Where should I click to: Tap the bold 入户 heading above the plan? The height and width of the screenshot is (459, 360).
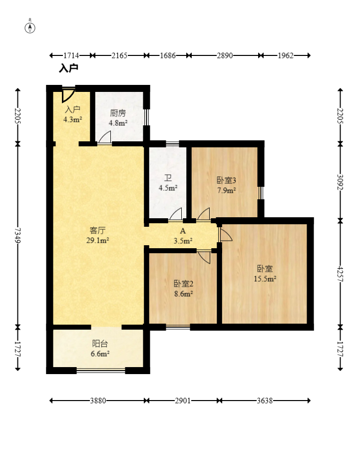click(x=69, y=68)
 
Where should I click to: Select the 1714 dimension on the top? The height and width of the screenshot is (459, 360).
click(x=71, y=55)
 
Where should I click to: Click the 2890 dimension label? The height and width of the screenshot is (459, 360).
click(x=225, y=55)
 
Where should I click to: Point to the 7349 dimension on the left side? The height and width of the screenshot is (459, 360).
click(x=18, y=235)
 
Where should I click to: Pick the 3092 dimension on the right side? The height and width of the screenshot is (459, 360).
click(x=340, y=182)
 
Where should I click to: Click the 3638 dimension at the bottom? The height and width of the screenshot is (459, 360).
click(x=265, y=401)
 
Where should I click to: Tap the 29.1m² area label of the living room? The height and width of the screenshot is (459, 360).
click(x=98, y=241)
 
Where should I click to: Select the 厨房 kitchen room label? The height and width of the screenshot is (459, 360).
click(x=118, y=113)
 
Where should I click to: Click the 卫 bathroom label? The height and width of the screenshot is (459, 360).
click(x=168, y=178)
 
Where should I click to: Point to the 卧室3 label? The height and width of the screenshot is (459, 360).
click(x=226, y=180)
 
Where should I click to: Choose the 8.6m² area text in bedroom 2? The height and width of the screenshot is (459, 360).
click(x=184, y=294)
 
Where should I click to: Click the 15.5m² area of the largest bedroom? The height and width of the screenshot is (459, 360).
click(x=265, y=279)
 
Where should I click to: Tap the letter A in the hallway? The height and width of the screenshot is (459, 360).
click(x=183, y=231)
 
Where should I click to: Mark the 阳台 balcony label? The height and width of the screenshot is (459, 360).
click(x=100, y=343)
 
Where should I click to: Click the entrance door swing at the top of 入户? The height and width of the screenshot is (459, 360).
click(x=68, y=95)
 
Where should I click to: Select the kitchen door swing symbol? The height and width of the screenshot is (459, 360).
click(x=104, y=137)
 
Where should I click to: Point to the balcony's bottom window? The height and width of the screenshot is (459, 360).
click(x=101, y=370)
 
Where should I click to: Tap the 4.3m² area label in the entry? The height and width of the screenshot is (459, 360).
click(x=72, y=119)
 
